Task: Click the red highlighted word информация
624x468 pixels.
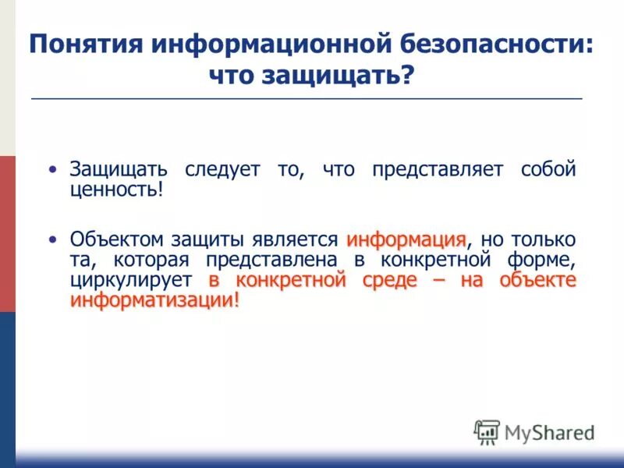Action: click(x=406, y=239)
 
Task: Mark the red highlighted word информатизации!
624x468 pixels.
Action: click(x=154, y=300)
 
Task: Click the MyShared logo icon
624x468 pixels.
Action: click(x=487, y=432)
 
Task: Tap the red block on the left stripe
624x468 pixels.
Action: click(x=7, y=233)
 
